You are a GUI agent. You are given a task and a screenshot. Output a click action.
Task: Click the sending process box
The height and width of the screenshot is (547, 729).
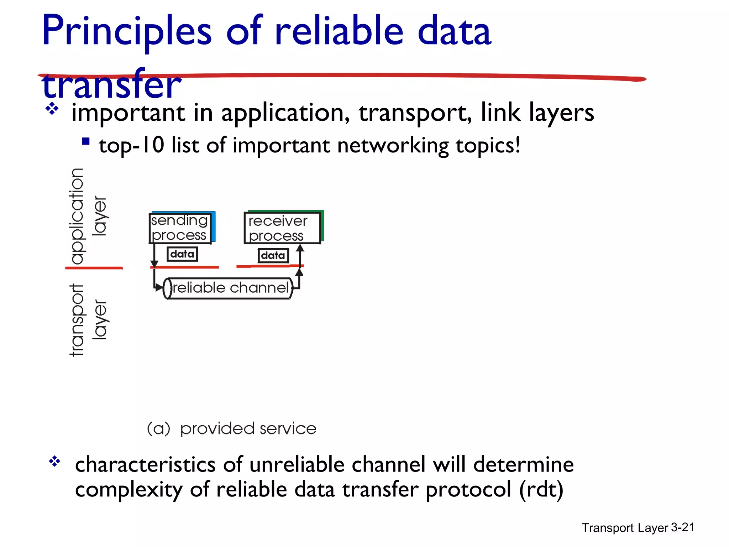click(x=180, y=228)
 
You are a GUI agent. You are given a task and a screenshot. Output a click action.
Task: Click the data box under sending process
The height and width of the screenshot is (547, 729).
click(x=182, y=254)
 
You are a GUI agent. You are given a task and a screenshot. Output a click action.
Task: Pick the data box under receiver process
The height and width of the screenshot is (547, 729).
click(x=273, y=255)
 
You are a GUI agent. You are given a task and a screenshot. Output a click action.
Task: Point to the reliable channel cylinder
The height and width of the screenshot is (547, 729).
click(x=228, y=288)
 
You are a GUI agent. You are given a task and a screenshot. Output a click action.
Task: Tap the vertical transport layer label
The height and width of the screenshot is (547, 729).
click(x=87, y=319)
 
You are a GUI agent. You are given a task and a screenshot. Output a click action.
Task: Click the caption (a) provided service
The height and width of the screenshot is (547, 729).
click(x=232, y=428)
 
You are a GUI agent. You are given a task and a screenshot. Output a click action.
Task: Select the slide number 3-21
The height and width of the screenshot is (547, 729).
click(x=682, y=527)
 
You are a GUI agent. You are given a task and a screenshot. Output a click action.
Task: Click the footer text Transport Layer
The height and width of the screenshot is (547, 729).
click(x=625, y=528)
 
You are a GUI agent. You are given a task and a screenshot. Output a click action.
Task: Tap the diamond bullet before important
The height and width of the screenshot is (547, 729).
click(x=52, y=109)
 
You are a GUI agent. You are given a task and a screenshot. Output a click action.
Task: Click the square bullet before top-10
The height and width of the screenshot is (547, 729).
click(x=86, y=142)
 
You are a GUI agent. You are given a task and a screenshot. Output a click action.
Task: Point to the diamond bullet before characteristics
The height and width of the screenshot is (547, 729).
click(x=55, y=462)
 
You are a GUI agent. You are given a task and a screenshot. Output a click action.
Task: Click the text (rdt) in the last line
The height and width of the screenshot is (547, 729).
click(x=541, y=490)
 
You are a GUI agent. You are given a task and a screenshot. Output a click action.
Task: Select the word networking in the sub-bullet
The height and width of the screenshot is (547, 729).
click(x=393, y=146)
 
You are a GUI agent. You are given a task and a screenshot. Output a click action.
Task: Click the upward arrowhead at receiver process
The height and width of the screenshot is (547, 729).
click(x=300, y=248)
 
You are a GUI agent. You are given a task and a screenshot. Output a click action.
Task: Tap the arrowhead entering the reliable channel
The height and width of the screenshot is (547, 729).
click(x=159, y=287)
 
